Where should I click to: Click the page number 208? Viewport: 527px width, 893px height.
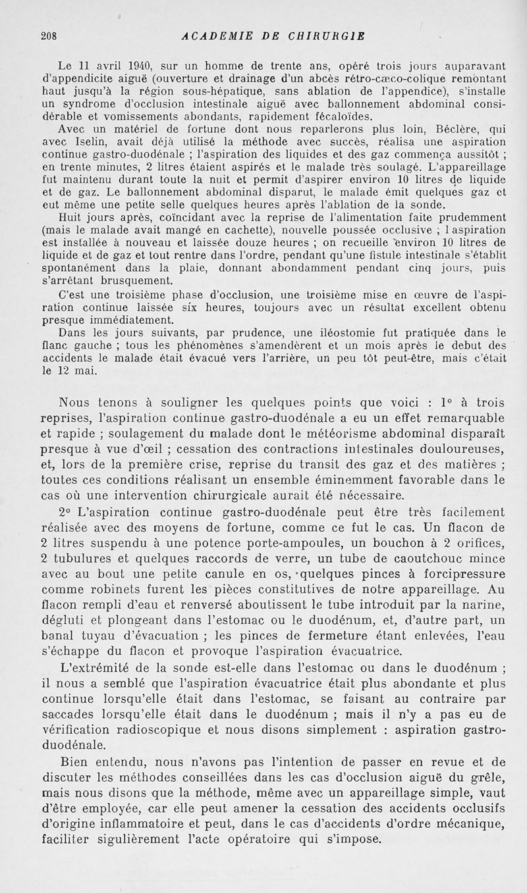click(x=49, y=38)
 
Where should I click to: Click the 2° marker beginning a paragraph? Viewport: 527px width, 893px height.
click(x=68, y=512)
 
